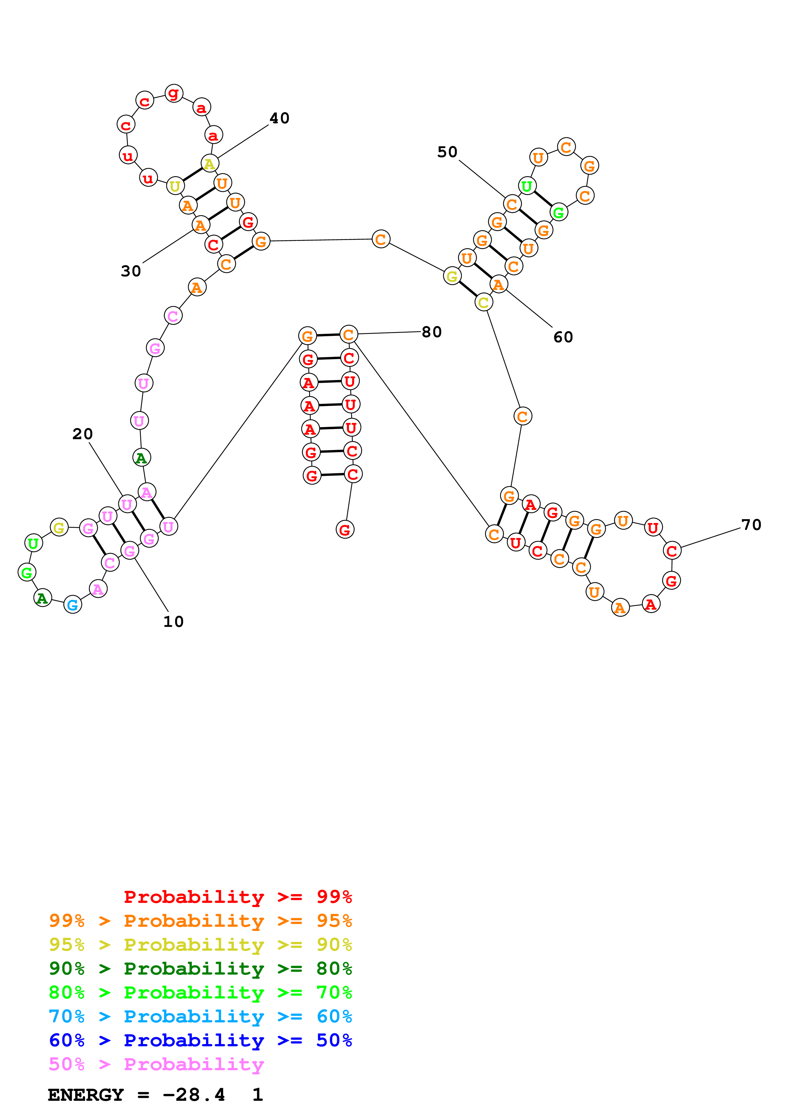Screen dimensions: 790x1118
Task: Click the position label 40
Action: [279, 118]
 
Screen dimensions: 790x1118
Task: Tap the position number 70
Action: [751, 525]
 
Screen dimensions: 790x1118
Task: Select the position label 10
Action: [173, 622]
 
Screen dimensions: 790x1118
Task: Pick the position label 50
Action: [447, 152]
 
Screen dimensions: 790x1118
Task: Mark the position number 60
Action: [563, 337]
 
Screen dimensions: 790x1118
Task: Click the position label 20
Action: [83, 434]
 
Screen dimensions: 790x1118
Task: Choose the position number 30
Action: [131, 271]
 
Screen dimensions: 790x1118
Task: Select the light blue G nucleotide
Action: [73, 605]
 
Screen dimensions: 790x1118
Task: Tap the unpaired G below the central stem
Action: [345, 529]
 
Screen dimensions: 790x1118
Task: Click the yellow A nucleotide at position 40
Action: [210, 163]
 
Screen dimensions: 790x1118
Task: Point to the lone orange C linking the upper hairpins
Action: [381, 239]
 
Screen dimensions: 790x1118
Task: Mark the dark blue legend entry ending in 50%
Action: [200, 1041]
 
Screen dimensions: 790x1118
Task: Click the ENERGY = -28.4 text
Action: [136, 1095]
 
